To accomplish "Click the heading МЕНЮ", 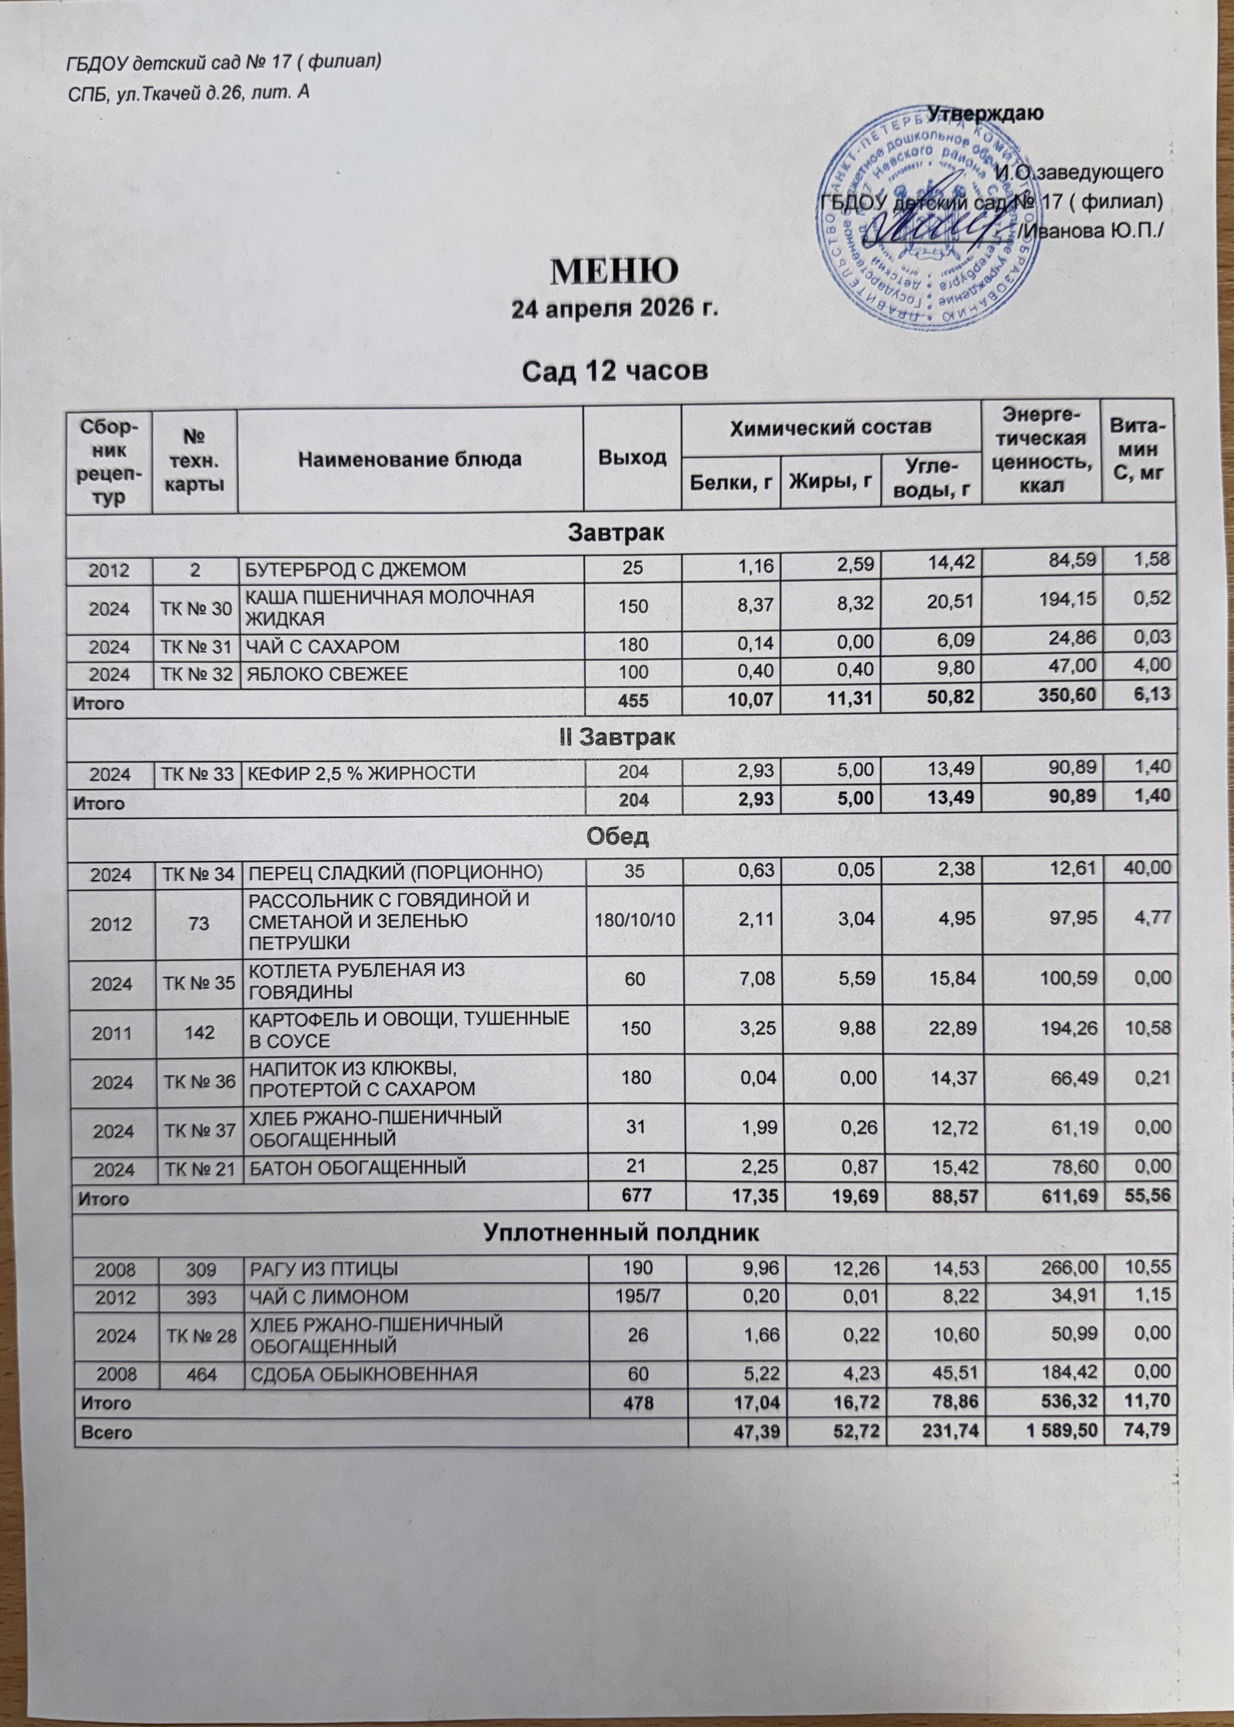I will pyautogui.click(x=614, y=270).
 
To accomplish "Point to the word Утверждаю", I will pyautogui.click(x=985, y=113).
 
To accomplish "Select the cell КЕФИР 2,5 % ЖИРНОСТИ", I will pyautogui.click(x=359, y=774).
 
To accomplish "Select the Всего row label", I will pyautogui.click(x=102, y=1432).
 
